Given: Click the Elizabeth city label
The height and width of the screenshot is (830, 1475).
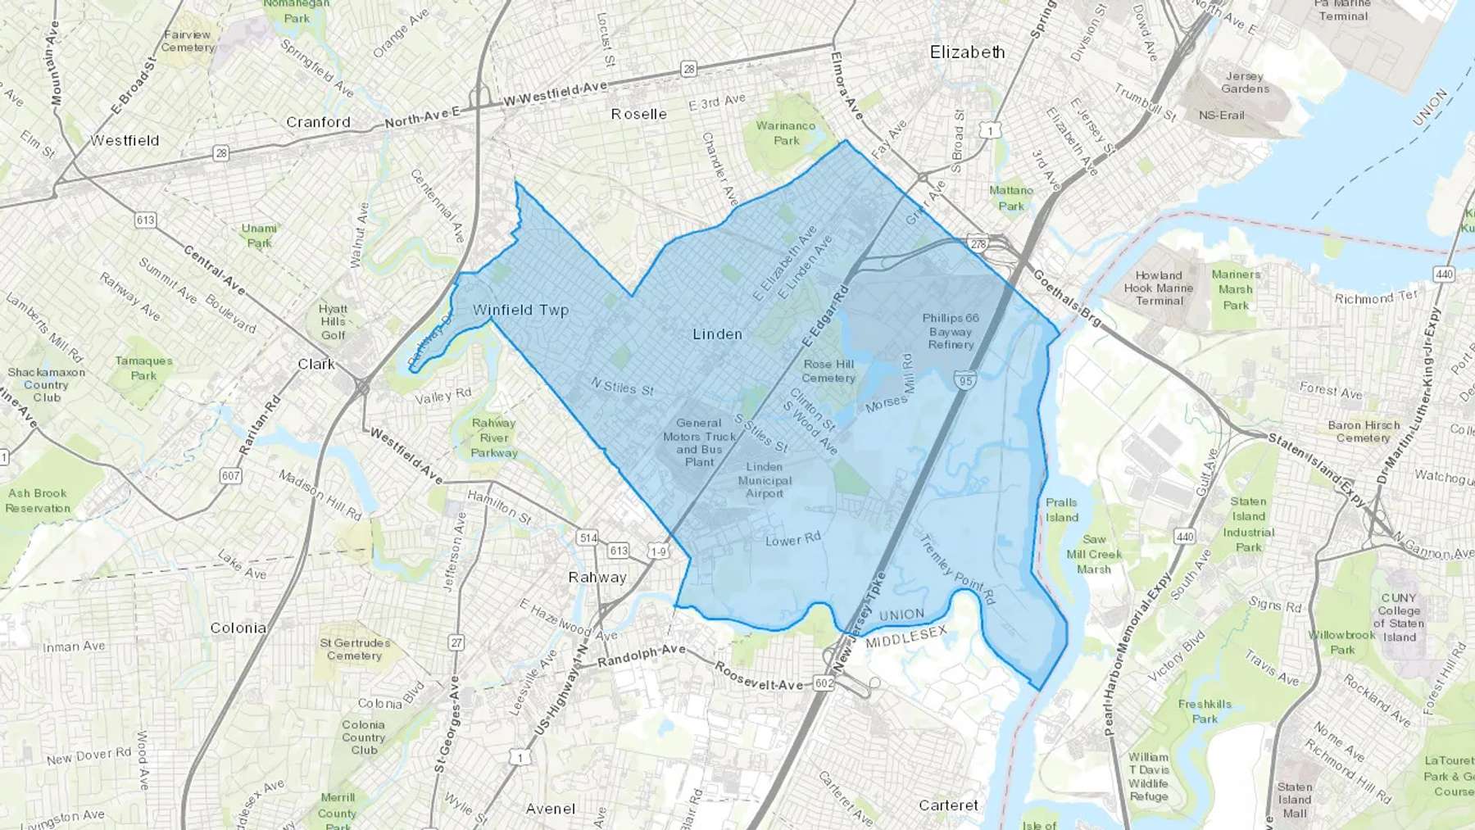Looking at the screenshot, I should pos(967,52).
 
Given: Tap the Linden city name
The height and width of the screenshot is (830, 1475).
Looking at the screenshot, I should pos(717,334).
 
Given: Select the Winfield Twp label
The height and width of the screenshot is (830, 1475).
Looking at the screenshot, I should pos(520,311).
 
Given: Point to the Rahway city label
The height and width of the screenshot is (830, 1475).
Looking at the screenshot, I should pos(597,578).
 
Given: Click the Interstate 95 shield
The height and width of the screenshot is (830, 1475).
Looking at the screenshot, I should pos(964,380).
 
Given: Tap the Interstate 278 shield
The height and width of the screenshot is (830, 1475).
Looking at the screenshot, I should pos(978,244).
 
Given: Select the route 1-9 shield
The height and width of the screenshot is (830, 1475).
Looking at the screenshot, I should pos(658,551).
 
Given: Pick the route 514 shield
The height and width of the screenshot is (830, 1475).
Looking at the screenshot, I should pos(587,538).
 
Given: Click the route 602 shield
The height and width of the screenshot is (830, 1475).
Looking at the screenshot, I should pos(824,683).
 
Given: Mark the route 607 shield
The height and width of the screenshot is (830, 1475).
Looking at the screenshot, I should pos(230,475).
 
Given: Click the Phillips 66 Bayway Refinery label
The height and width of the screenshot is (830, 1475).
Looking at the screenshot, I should pos(951,332).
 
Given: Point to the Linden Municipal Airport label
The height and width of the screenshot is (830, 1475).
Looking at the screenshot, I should pos(765,480).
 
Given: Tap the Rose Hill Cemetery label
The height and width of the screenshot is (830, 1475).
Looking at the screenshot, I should pos(828,371).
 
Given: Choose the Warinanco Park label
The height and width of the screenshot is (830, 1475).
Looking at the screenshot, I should pos(785,133).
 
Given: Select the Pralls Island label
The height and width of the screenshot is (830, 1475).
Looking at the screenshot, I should pos(1061,510).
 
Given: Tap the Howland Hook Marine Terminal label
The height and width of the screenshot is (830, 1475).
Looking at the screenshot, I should pos(1159,288).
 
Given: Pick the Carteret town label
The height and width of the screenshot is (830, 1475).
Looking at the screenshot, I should pos(948,805).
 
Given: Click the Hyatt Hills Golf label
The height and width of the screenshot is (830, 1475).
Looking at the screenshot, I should pos(333,322).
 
